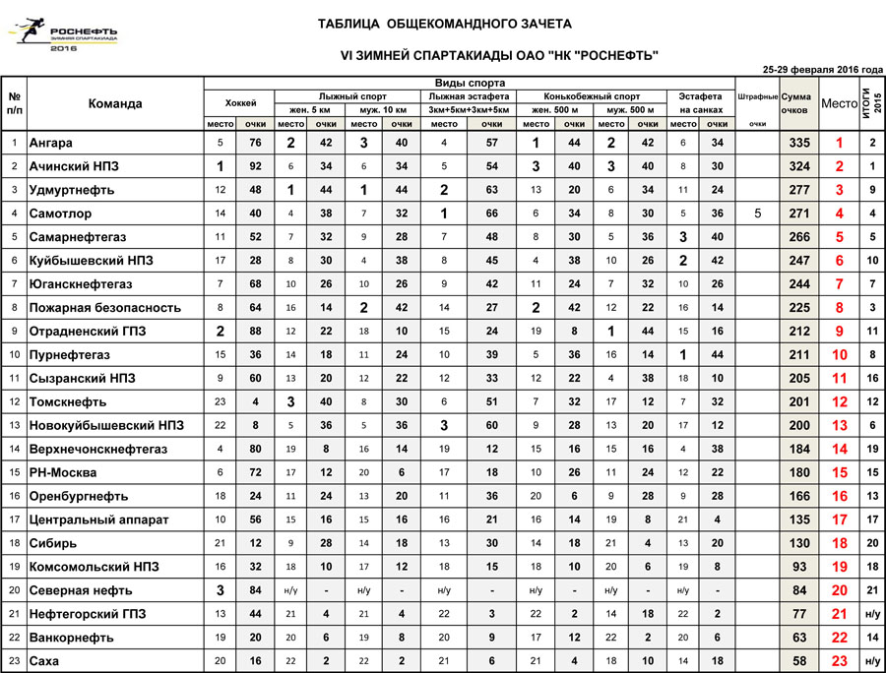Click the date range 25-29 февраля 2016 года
[822, 70]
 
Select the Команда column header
[115, 103]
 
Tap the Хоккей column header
[240, 102]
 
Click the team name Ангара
[51, 143]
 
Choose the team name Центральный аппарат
[99, 520]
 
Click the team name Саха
[45, 662]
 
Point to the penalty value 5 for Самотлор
[757, 214]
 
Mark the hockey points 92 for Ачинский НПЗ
[256, 166]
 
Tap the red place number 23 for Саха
[839, 662]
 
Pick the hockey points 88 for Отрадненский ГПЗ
[256, 332]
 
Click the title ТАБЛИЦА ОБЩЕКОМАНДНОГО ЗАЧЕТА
[444, 24]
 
